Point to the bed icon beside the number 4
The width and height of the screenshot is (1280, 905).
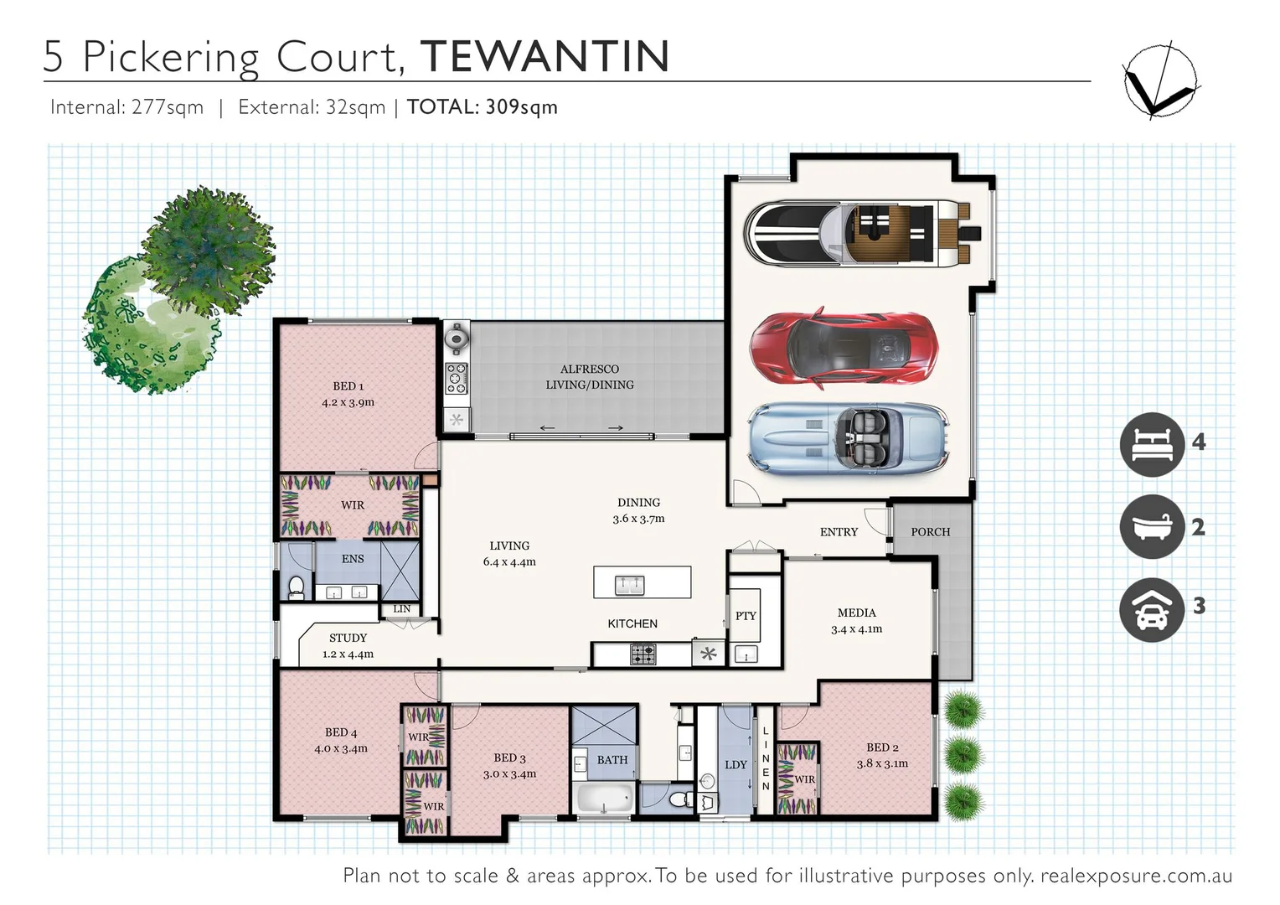1153,444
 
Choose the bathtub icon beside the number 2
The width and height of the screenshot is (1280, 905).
1153,526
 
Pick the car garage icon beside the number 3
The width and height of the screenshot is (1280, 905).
1153,609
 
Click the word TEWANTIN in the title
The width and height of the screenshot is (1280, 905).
545,56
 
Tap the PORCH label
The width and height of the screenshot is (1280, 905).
930,532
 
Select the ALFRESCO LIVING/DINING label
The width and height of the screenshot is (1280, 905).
590,377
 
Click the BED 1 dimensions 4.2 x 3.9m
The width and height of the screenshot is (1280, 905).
348,402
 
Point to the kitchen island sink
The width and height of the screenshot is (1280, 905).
630,584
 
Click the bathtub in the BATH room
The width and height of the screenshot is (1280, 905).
604,798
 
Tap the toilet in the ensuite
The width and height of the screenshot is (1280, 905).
296,587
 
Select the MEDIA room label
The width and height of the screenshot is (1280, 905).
856,613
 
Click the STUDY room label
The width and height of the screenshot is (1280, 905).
348,638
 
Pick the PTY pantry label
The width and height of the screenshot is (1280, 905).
746,616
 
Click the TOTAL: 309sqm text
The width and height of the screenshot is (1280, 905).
482,107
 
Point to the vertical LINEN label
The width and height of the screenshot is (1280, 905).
766,758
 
